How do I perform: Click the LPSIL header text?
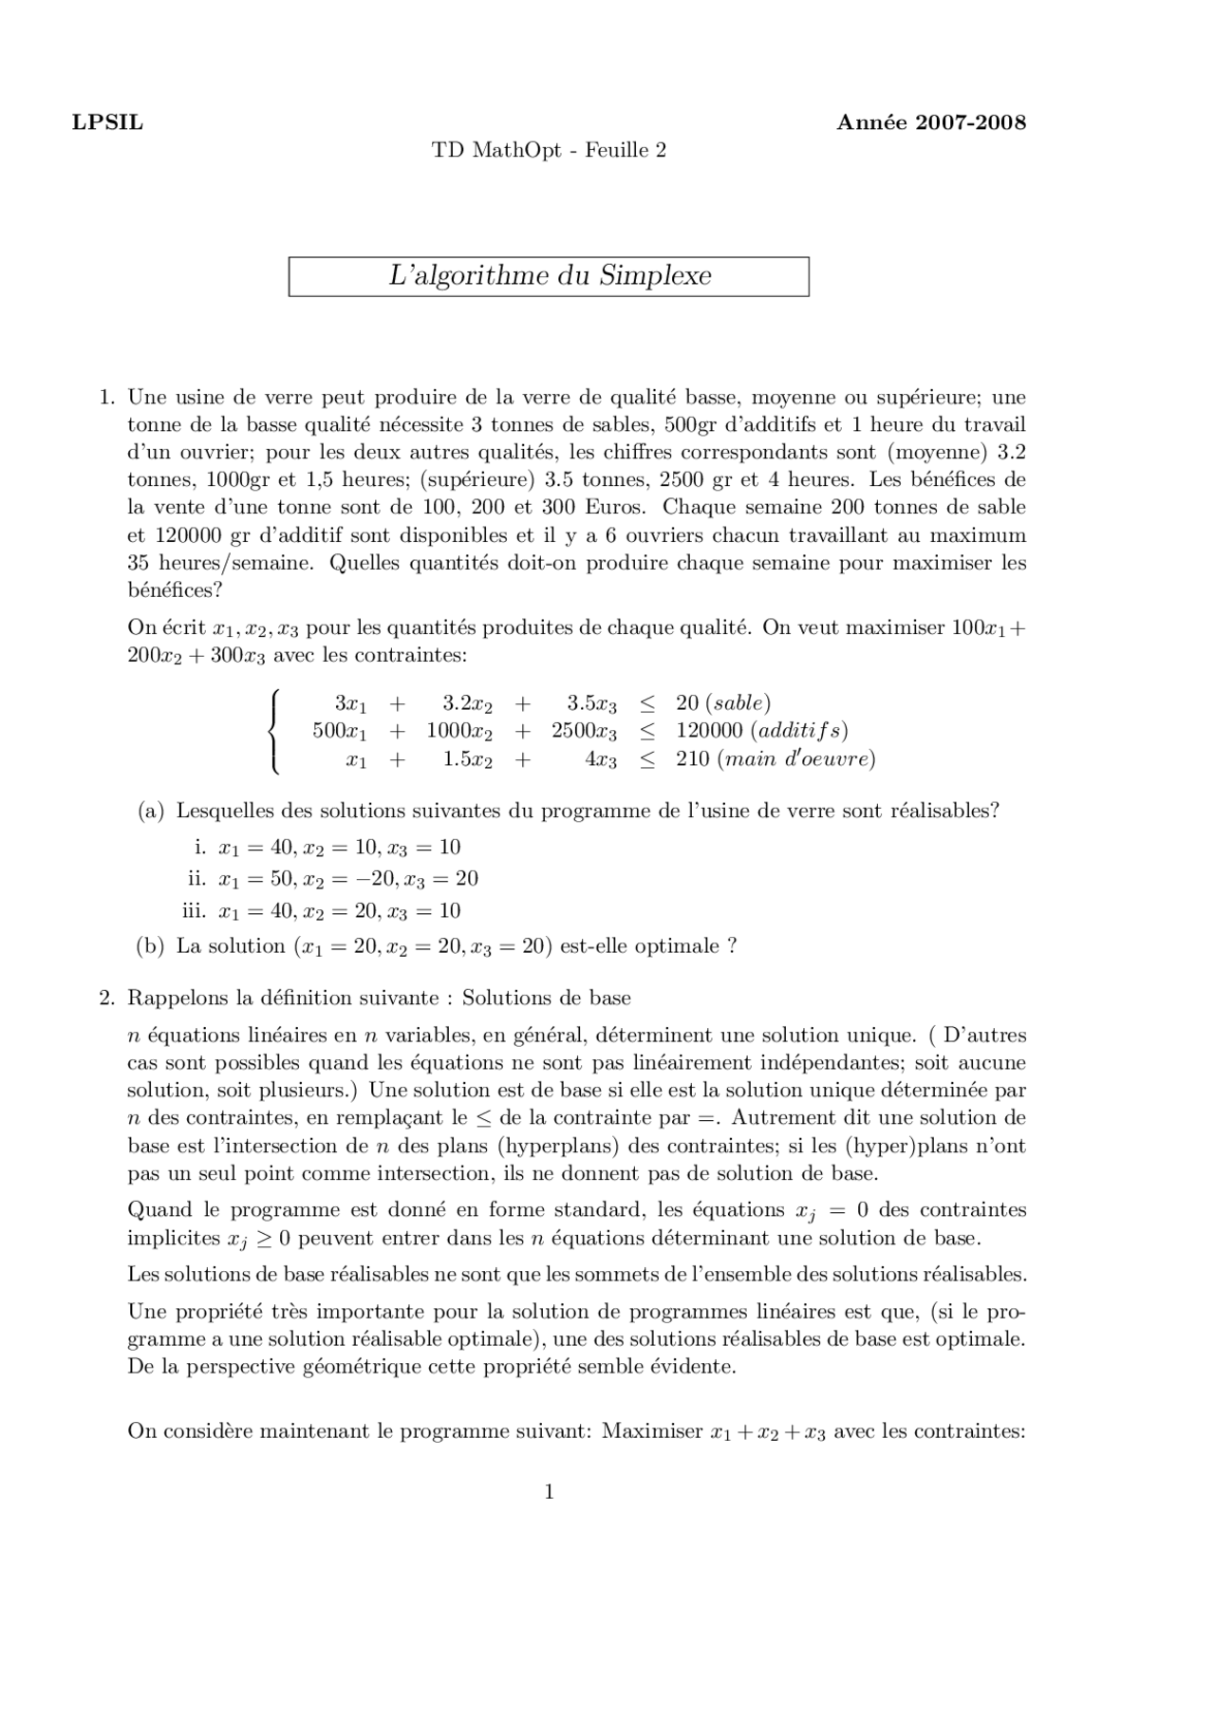107,122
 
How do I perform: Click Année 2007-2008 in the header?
930,122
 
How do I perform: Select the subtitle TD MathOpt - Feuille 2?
549,150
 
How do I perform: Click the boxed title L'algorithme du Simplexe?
549,276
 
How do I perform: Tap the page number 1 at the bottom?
549,1492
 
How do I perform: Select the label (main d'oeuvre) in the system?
796,758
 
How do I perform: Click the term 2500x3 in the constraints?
584,731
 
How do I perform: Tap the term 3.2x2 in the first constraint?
467,703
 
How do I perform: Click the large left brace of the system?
275,732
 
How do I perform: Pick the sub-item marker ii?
196,878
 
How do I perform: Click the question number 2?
106,998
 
